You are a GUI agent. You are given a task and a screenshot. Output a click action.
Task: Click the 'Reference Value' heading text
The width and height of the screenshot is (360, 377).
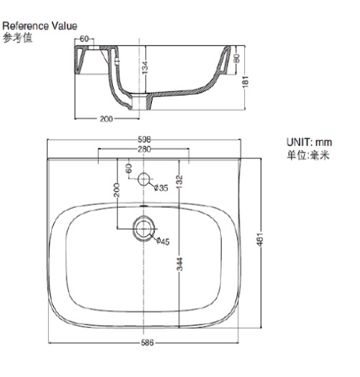point(40,26)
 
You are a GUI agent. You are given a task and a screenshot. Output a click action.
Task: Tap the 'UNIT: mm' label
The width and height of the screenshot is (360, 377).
point(309,142)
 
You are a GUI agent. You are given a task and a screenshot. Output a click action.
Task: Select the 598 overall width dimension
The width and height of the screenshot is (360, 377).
point(144,140)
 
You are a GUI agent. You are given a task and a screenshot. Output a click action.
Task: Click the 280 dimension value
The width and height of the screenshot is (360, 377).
point(144,150)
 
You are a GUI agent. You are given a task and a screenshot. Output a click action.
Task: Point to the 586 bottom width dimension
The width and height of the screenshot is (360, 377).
point(147,342)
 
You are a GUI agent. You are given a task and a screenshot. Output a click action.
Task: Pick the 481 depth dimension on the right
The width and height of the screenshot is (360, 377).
point(260,240)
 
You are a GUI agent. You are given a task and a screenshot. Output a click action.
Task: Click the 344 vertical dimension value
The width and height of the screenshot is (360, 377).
point(179,264)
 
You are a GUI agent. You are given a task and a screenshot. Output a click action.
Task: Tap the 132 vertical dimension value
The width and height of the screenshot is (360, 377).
point(179,181)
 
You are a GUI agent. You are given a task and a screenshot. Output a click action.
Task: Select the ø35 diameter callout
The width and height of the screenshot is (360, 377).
point(161,188)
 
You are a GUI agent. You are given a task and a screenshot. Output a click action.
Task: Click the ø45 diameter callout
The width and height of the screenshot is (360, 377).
point(163,241)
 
